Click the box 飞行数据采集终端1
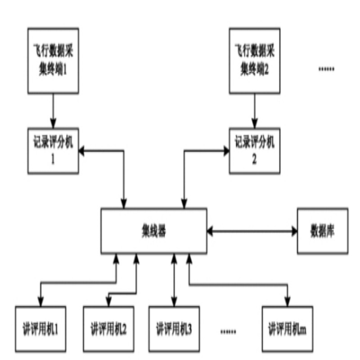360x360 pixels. (53, 60)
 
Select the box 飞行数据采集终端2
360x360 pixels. (254, 60)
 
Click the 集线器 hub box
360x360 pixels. (153, 230)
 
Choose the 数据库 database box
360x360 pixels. (322, 230)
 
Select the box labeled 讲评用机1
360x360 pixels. (40, 329)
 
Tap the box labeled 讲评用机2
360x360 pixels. (108, 329)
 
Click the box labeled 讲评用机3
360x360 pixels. (174, 329)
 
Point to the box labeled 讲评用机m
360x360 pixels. (288, 329)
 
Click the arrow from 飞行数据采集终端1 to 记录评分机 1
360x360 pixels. (53, 111)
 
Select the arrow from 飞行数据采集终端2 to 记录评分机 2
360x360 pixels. (255, 111)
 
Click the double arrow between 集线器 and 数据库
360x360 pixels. (252, 231)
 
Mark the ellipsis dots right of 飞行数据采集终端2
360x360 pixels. (326, 69)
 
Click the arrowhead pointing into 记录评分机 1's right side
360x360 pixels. (84, 151)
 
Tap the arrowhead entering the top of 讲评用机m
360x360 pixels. (288, 302)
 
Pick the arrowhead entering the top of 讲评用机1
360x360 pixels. (40, 302)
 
